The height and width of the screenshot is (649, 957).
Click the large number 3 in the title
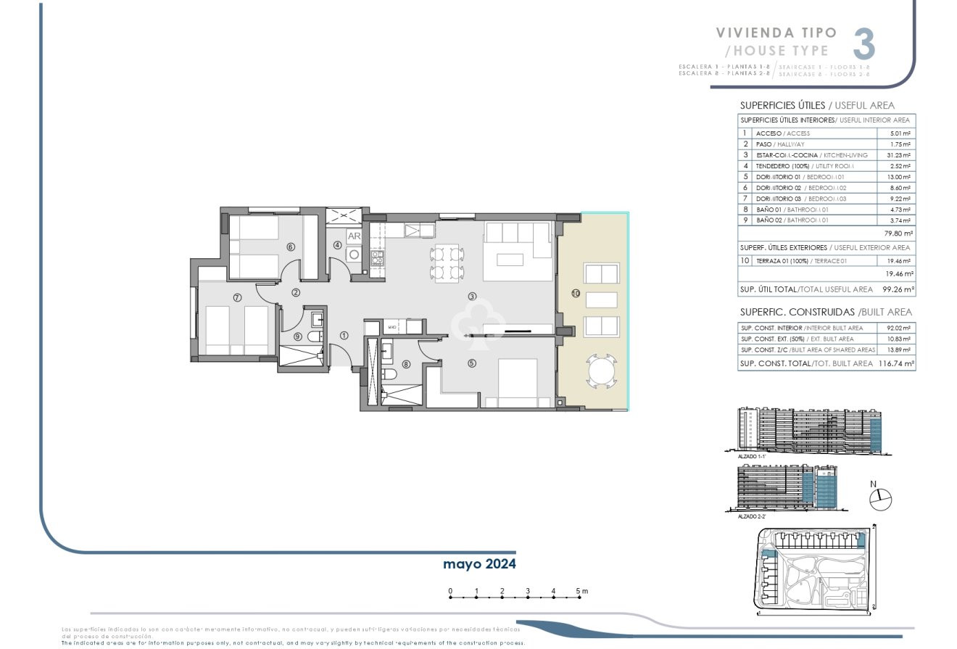(863, 44)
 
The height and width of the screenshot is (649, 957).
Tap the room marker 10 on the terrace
(576, 294)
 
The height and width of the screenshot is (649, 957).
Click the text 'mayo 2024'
(479, 563)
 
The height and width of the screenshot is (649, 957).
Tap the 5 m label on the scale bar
(581, 592)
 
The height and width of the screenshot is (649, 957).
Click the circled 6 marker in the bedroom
(290, 247)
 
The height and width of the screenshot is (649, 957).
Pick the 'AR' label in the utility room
(355, 236)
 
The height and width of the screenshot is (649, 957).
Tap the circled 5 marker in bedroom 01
(472, 364)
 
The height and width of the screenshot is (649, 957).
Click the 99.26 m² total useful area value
(898, 289)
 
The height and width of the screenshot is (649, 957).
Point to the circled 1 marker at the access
(344, 335)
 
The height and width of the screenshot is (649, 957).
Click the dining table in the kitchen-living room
(447, 263)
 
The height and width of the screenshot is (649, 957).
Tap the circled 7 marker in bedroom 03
(236, 297)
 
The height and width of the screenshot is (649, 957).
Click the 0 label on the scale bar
(450, 592)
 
